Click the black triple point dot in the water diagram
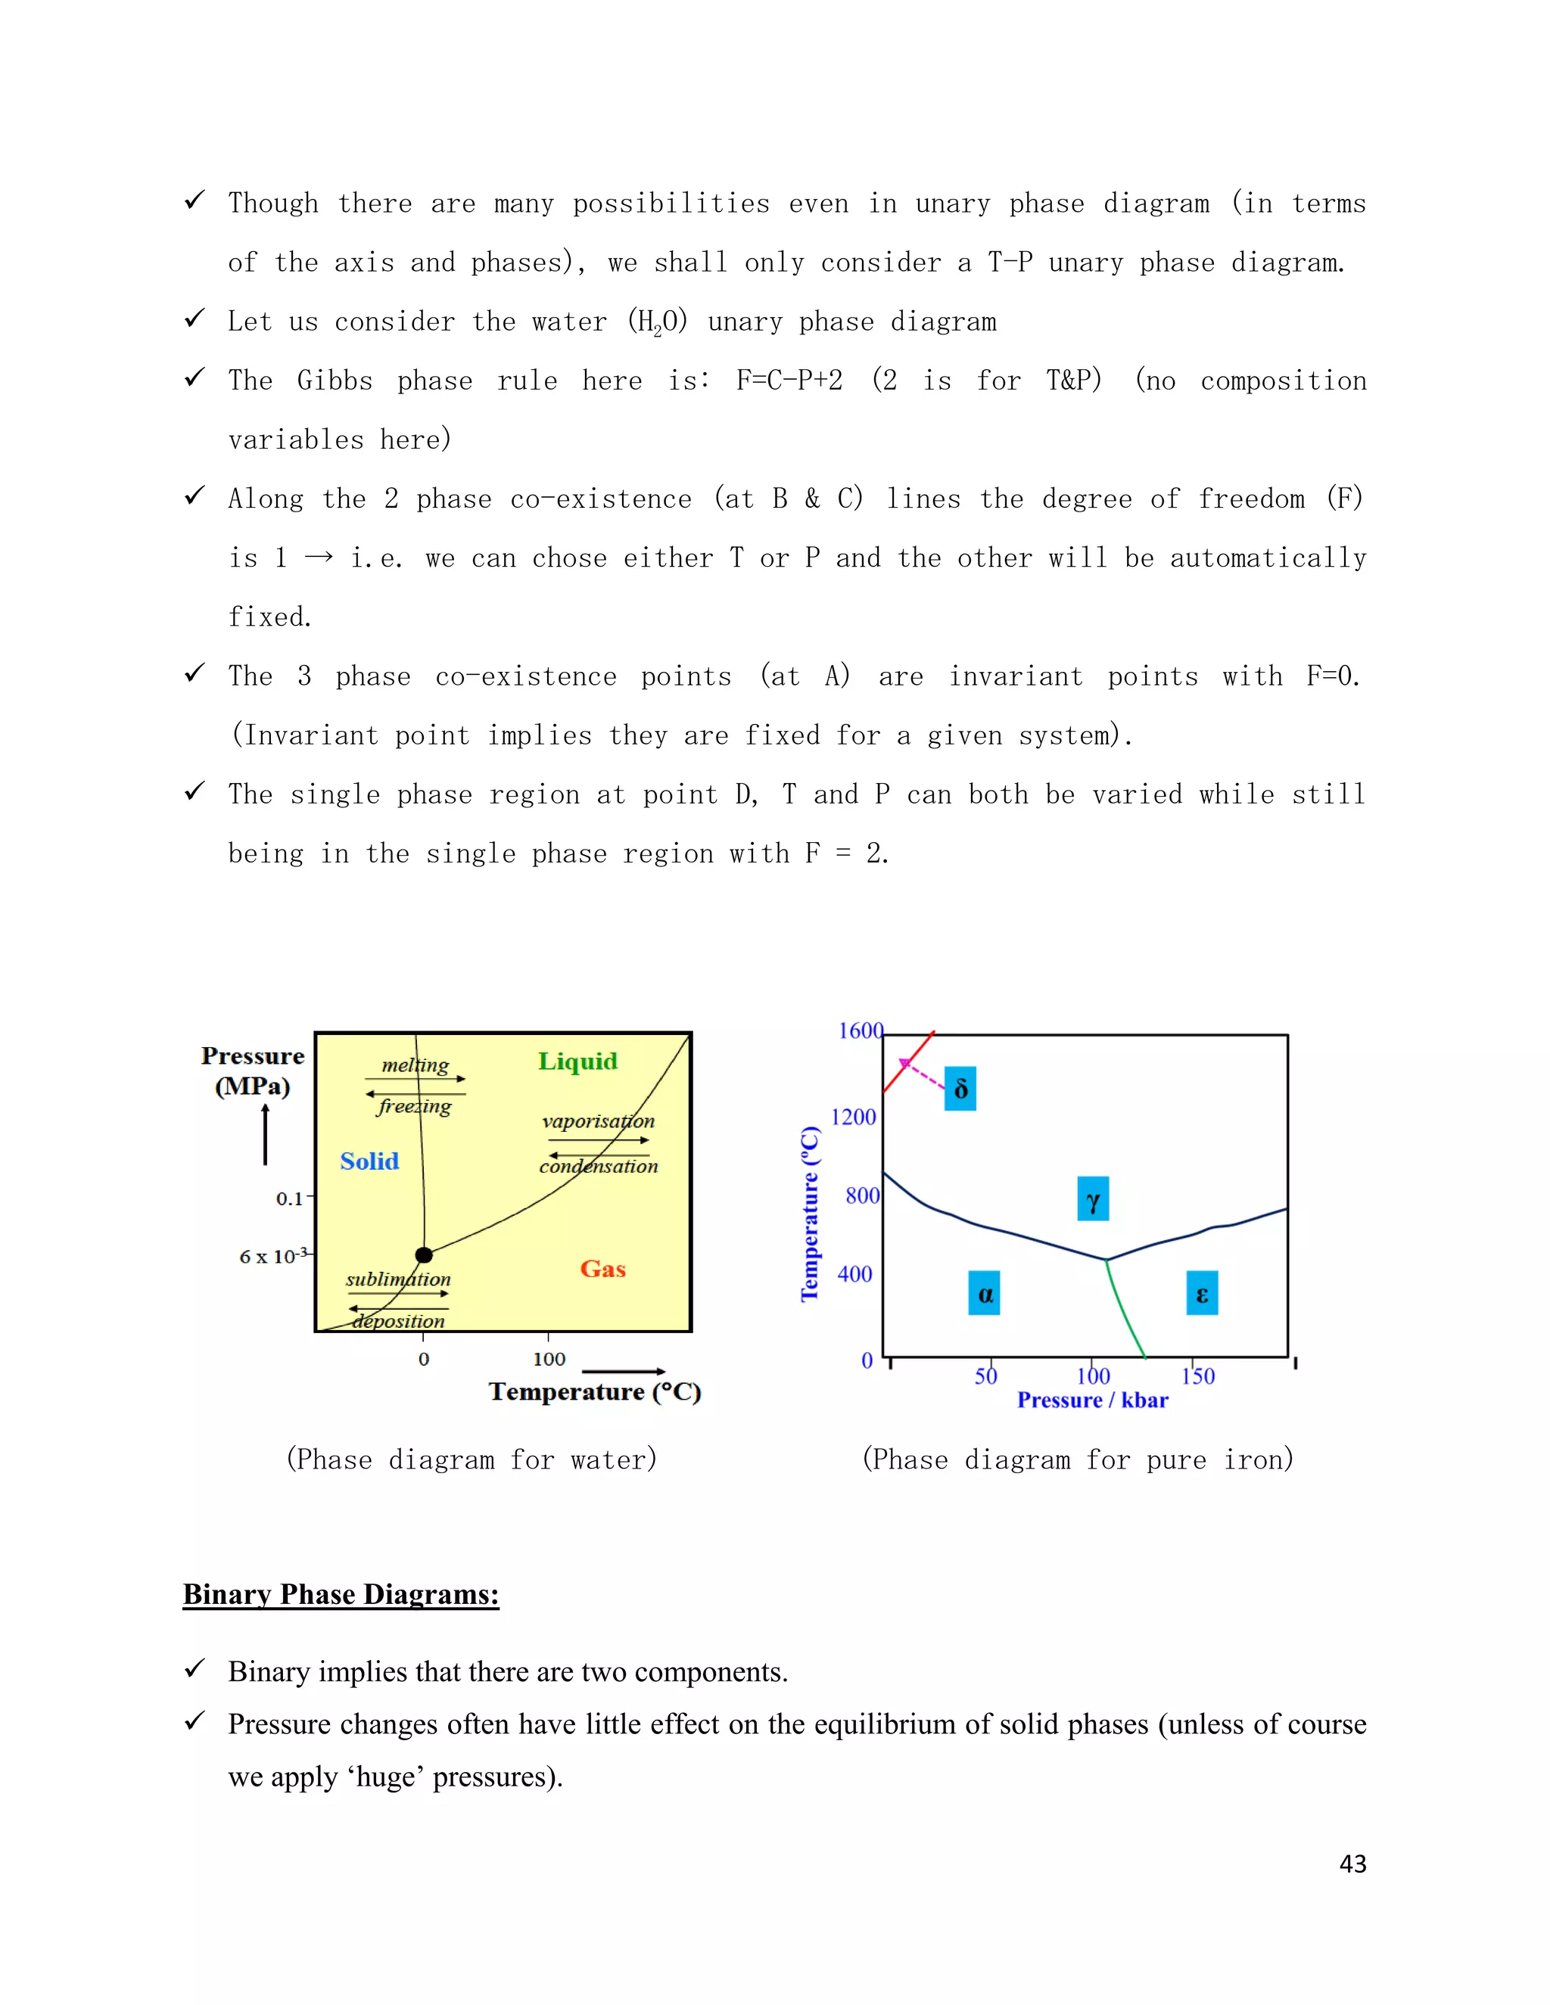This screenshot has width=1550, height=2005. (423, 1255)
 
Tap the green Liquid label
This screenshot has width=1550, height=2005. (577, 1062)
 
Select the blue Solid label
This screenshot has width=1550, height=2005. (369, 1161)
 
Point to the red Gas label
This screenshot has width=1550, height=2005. (602, 1269)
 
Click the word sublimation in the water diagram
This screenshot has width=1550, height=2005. (399, 1279)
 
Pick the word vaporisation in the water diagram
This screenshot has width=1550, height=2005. (599, 1121)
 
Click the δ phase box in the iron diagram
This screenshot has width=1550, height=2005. (960, 1089)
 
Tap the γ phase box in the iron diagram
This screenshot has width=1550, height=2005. (1093, 1199)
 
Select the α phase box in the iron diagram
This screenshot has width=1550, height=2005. (985, 1294)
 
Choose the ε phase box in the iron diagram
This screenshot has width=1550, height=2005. (1202, 1294)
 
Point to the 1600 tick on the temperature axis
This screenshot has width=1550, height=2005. (861, 1031)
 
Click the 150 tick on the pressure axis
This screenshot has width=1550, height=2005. (1197, 1376)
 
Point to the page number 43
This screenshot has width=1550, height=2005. (1352, 1864)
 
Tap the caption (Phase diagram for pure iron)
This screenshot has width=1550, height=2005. (1077, 1459)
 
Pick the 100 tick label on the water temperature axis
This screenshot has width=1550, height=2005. (549, 1359)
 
